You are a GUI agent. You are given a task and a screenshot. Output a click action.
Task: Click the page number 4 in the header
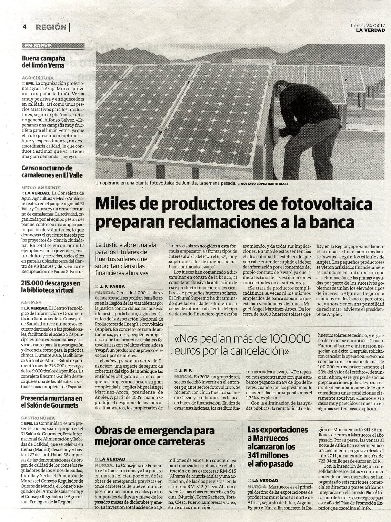point(24,27)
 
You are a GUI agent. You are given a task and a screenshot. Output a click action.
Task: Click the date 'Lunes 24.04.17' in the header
point(368,25)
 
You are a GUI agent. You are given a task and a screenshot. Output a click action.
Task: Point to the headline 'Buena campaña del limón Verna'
point(43,61)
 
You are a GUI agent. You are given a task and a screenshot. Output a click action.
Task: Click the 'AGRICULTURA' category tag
point(37,78)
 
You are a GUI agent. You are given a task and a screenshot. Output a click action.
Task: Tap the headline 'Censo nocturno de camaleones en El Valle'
point(52,172)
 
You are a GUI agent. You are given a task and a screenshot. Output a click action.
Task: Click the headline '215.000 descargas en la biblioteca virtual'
point(50,287)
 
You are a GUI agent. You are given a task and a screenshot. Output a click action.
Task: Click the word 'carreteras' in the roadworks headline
point(177,441)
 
